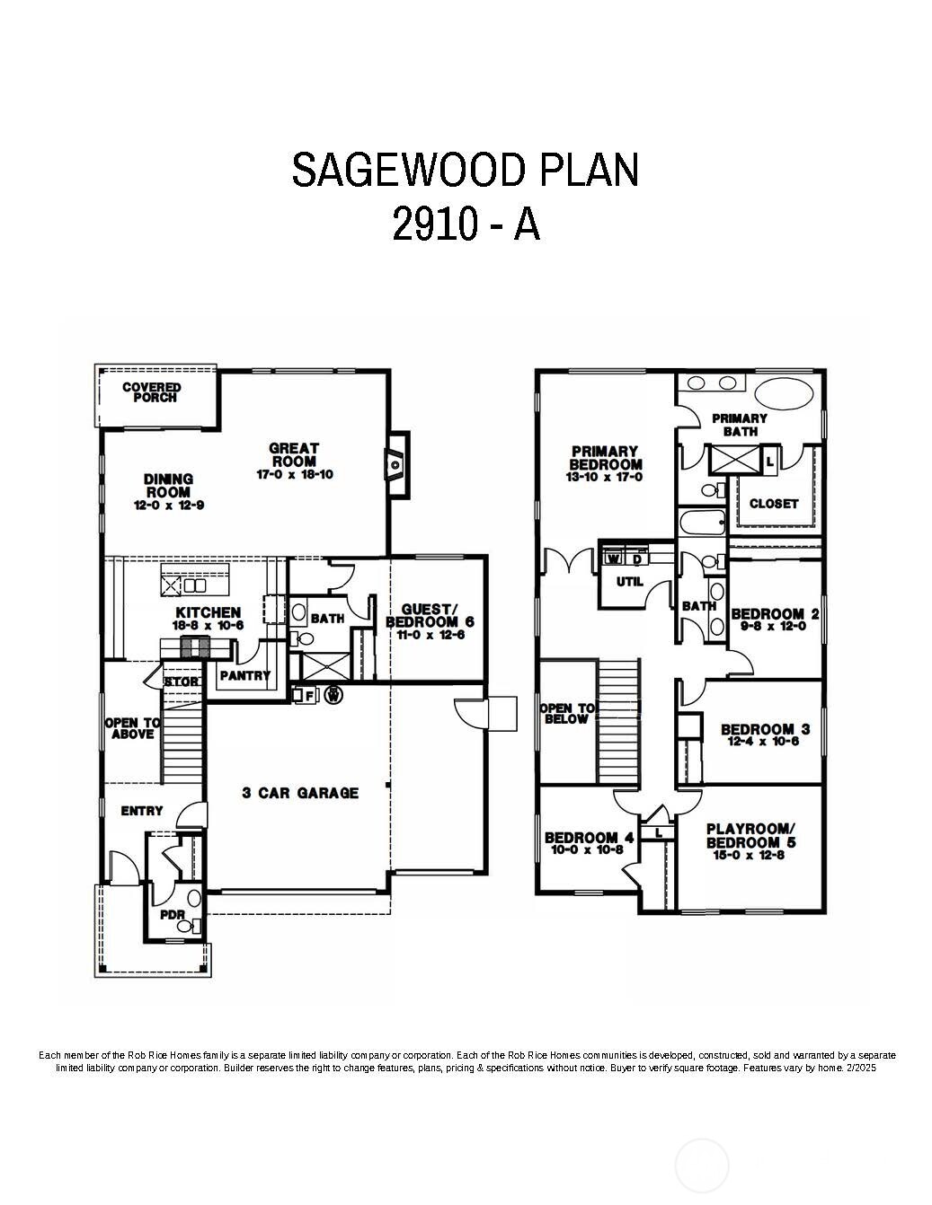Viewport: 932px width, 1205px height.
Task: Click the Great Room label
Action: [x=295, y=454]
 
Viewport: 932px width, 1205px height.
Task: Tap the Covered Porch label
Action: [x=151, y=392]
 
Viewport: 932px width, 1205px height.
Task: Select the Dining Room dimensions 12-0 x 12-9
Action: [x=168, y=506]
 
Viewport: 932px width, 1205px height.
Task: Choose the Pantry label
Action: [x=244, y=675]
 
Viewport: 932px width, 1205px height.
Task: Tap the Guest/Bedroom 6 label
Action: [x=430, y=615]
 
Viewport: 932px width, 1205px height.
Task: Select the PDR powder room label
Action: [x=172, y=915]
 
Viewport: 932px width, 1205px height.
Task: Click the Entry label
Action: [x=142, y=811]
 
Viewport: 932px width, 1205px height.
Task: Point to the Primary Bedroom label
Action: [x=606, y=458]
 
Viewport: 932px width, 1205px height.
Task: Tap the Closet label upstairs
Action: [x=774, y=504]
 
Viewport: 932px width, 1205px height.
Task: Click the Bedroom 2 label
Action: [x=775, y=614]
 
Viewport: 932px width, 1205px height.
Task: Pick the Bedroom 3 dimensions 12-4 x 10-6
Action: [x=759, y=742]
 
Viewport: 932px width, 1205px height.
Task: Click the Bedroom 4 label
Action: [x=589, y=838]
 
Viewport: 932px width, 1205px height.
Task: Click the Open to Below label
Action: [x=567, y=714]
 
